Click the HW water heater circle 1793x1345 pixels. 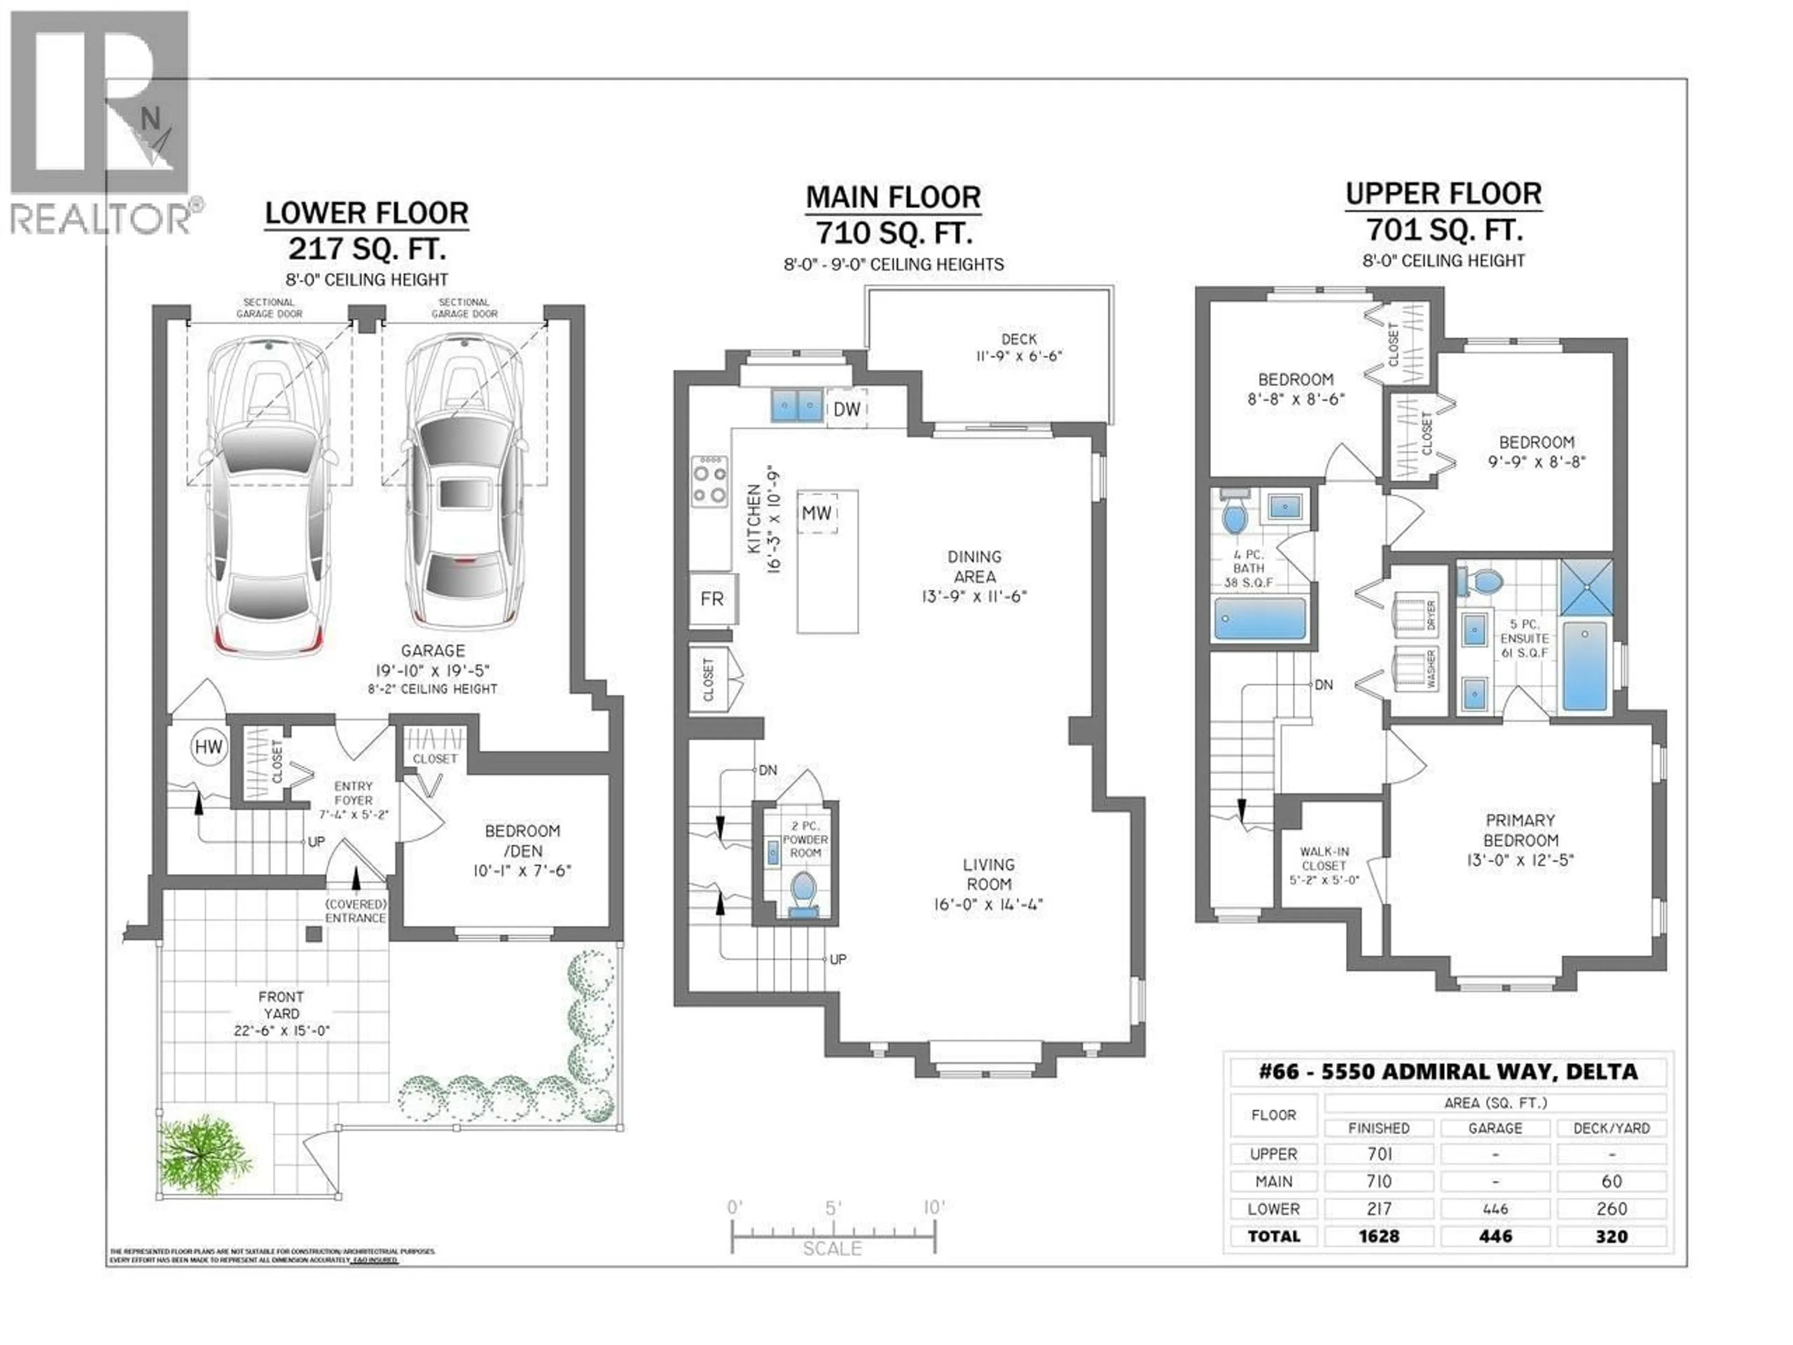tap(208, 747)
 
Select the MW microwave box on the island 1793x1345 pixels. tap(817, 513)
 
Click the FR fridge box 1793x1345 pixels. tap(712, 599)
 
